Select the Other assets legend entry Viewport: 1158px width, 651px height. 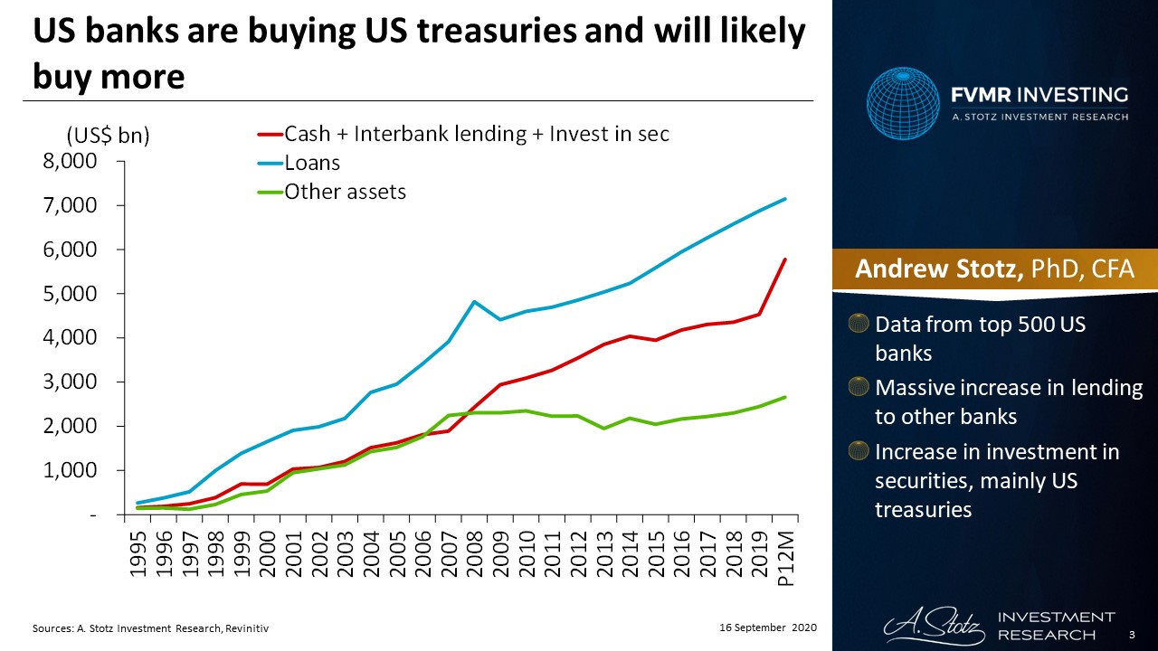click(345, 192)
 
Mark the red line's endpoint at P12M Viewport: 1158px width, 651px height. click(784, 259)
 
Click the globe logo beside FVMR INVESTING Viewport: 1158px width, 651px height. click(903, 103)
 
